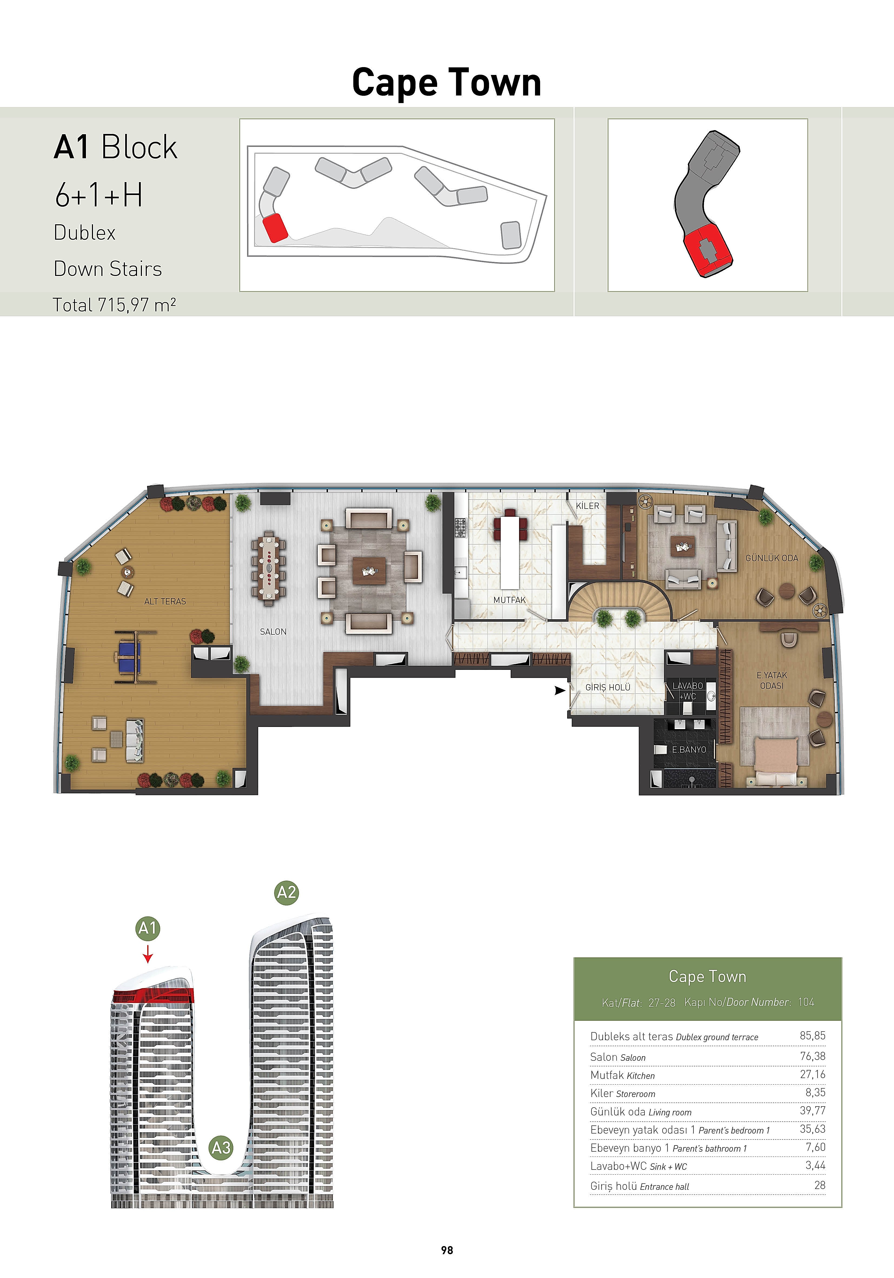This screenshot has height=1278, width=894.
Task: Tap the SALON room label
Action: coord(273,632)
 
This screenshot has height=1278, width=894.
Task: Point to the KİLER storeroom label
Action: coord(587,506)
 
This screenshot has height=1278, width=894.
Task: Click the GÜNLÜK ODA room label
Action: coord(772,558)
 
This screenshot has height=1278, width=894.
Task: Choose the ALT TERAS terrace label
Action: coord(165,602)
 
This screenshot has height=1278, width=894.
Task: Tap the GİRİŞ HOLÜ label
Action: coord(607,687)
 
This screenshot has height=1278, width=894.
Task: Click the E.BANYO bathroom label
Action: coord(689,750)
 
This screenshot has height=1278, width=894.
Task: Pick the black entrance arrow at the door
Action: coord(560,691)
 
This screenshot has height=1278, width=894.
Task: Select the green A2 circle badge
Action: coord(287,893)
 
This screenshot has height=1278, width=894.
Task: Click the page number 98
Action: coord(447,1250)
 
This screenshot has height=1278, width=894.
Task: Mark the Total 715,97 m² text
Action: coord(115,305)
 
